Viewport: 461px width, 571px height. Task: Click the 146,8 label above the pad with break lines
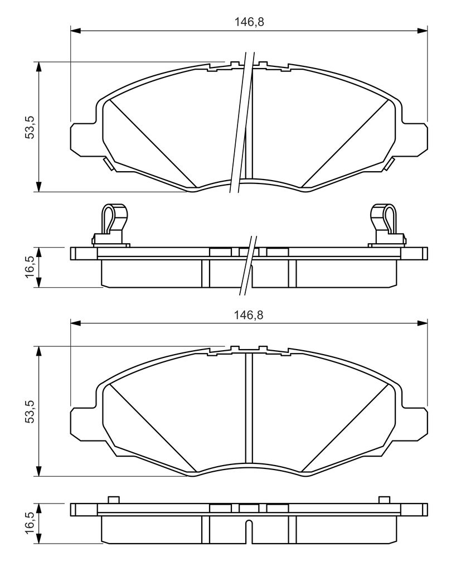[249, 22]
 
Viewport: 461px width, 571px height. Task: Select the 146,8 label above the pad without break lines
[249, 315]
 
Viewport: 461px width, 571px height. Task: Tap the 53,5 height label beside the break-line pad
[30, 127]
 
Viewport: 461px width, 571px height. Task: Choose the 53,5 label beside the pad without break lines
[30, 411]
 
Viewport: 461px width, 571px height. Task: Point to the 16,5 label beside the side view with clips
[30, 267]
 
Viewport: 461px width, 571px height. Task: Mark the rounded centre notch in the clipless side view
[248, 531]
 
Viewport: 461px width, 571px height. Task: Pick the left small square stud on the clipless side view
[113, 500]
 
